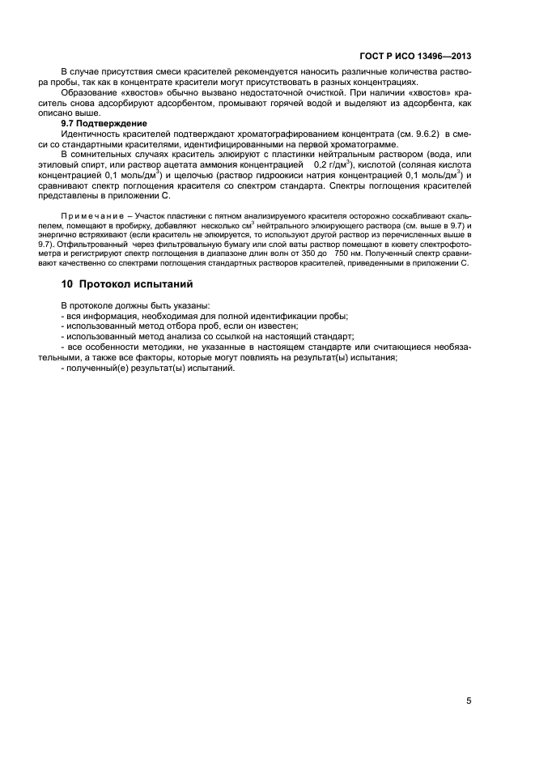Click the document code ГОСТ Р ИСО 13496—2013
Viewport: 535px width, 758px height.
pyautogui.click(x=415, y=57)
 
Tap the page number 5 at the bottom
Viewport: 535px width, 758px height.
pyautogui.click(x=469, y=702)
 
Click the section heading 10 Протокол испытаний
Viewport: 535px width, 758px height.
pyautogui.click(x=128, y=284)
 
